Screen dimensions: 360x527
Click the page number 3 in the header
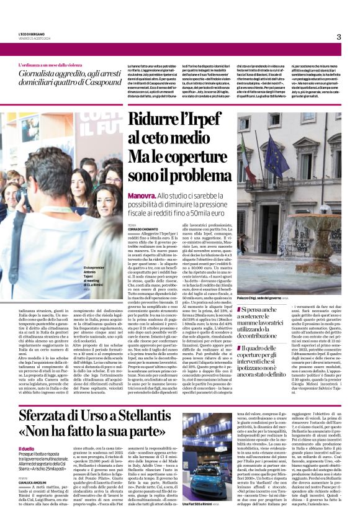339,37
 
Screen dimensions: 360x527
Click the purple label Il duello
27,448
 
